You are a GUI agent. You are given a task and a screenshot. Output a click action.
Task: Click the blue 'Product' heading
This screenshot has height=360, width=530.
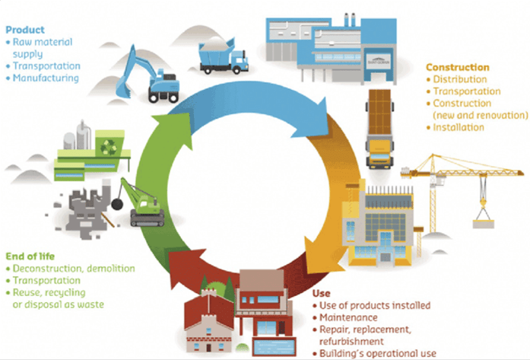click(24, 30)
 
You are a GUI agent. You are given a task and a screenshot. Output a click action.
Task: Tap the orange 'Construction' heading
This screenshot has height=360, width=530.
click(457, 67)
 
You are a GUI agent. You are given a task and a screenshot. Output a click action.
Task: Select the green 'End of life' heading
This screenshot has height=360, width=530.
click(29, 256)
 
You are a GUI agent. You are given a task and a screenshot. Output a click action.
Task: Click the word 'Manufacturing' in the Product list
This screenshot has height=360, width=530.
click(46, 78)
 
